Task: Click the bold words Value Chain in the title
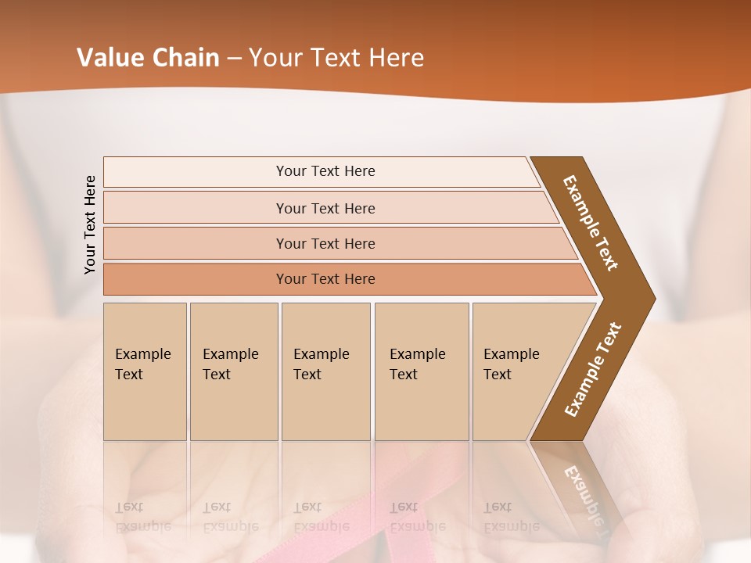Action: click(x=148, y=58)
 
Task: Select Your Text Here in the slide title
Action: click(x=336, y=58)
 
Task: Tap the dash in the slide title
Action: click(x=234, y=59)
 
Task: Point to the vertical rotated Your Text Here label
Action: click(x=90, y=224)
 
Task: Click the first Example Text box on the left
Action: click(x=145, y=371)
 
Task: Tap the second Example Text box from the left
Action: click(x=233, y=371)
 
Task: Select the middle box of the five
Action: click(x=325, y=371)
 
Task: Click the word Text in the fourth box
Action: click(x=404, y=375)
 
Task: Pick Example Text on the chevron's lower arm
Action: click(x=593, y=370)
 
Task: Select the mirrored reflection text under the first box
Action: click(x=143, y=516)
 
